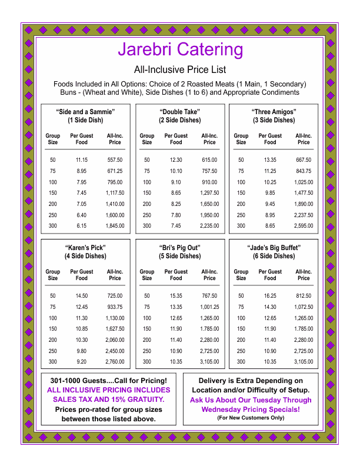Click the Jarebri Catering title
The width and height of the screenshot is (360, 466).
coord(180,49)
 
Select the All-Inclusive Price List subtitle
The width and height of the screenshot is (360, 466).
coord(180,69)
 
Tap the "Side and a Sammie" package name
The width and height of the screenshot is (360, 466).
coord(85,112)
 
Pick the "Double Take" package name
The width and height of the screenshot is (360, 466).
coord(179,112)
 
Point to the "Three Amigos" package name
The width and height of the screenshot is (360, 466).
coord(274,112)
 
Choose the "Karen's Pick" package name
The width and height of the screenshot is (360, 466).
coord(85,248)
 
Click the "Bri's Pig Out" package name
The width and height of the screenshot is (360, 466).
coord(179,248)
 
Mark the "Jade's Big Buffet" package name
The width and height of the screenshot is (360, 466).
coord(274,248)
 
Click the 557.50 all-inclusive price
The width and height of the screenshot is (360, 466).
coord(115,160)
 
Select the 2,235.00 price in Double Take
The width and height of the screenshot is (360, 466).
coord(209,226)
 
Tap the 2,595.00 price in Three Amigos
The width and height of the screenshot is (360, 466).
coord(304,226)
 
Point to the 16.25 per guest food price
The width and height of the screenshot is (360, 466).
coord(270,296)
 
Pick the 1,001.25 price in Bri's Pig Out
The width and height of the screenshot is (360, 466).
coord(209,307)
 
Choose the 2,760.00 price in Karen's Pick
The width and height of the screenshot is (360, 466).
coord(115,362)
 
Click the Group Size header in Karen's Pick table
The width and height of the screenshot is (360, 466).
coord(53,275)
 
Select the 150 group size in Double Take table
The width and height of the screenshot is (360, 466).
coord(147,193)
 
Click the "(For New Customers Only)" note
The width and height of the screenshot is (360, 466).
coord(251,418)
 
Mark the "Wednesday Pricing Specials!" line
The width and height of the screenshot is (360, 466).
coord(251,409)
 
